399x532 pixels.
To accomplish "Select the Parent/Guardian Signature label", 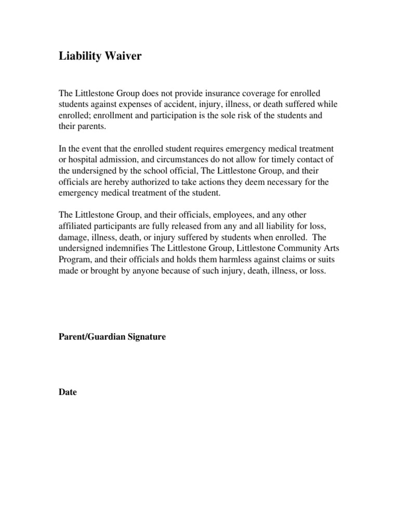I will coord(112,337).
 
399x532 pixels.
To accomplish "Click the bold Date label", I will coord(68,392).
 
